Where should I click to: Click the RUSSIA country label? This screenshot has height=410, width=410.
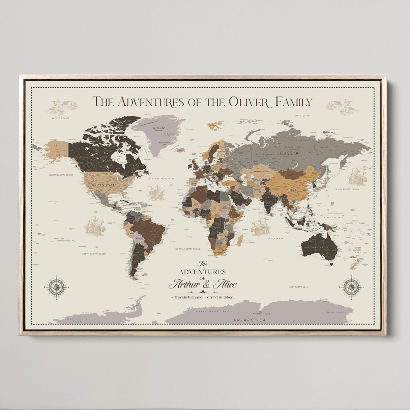pyautogui.click(x=289, y=153)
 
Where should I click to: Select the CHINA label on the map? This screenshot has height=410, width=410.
pyautogui.click(x=291, y=190)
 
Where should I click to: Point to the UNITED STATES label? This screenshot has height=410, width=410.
pyautogui.click(x=104, y=185)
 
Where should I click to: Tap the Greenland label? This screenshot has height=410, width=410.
pyautogui.click(x=159, y=128)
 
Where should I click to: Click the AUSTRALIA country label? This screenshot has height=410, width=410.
pyautogui.click(x=320, y=248)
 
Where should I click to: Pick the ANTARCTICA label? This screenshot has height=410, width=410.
pyautogui.click(x=250, y=320)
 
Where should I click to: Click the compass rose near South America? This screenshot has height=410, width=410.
pyautogui.click(x=57, y=287)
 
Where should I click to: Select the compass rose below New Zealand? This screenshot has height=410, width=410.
pyautogui.click(x=351, y=287)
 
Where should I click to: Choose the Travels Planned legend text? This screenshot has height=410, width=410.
pyautogui.click(x=188, y=297)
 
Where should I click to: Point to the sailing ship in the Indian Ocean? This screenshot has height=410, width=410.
pyautogui.click(x=260, y=226)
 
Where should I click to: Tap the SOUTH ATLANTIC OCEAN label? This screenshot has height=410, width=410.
pyautogui.click(x=187, y=249)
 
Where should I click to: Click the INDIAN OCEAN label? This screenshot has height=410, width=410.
pyautogui.click(x=275, y=238)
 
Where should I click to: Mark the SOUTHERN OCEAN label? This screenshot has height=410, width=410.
pyautogui.click(x=298, y=287)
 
